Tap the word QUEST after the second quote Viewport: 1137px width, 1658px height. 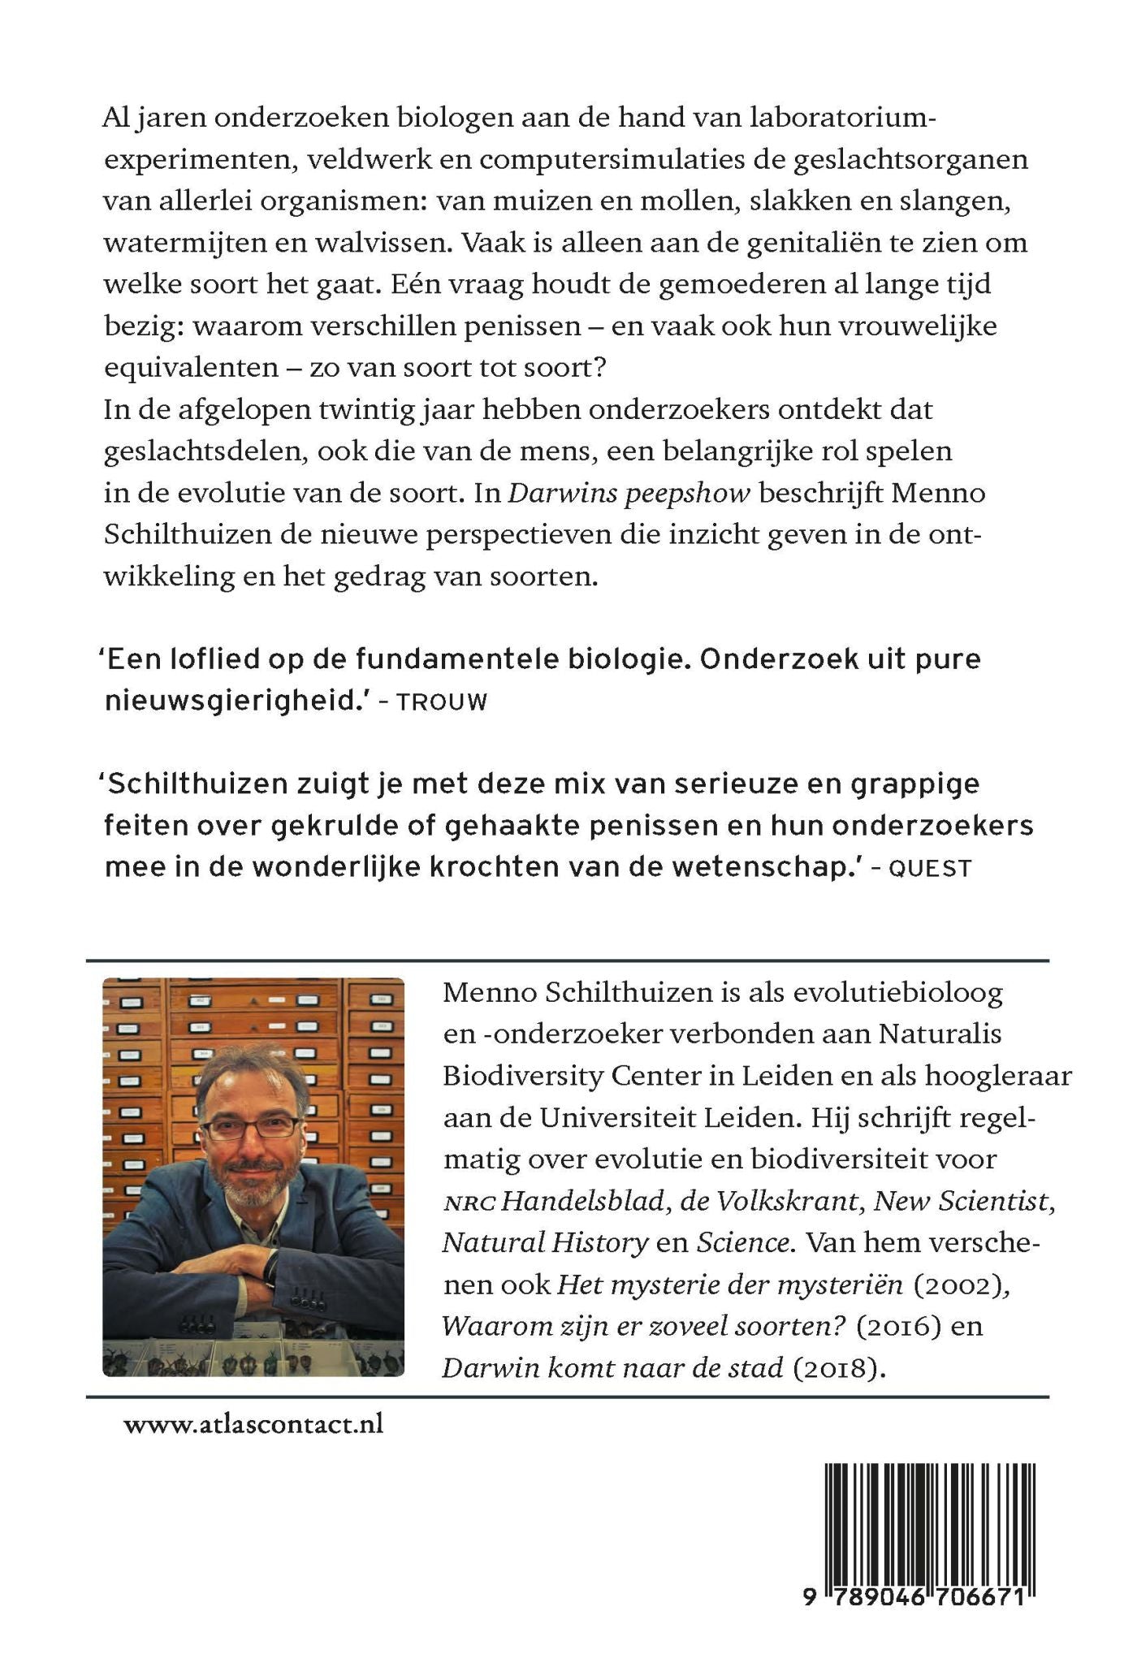(930, 869)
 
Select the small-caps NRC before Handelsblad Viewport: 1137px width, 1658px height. (469, 1203)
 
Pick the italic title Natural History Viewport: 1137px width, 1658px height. (545, 1243)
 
